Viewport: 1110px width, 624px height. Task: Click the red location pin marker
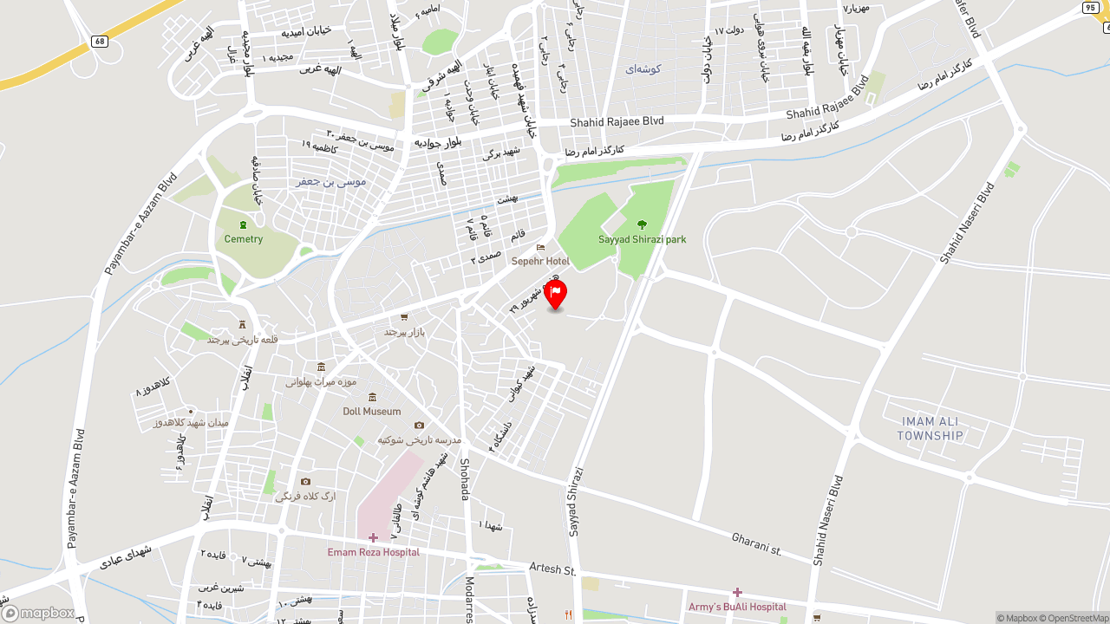click(555, 294)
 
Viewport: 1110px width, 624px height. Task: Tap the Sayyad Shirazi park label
click(642, 239)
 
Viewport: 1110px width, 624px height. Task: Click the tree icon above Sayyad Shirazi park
click(642, 224)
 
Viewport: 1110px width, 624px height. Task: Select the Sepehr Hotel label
click(540, 261)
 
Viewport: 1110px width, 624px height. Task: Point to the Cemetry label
click(243, 238)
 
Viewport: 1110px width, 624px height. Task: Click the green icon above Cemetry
click(243, 224)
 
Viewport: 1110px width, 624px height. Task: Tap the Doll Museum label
click(372, 411)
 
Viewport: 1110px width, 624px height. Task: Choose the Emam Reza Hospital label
click(373, 552)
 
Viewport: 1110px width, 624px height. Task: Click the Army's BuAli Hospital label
click(737, 607)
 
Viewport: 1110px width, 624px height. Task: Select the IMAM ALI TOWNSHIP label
click(930, 429)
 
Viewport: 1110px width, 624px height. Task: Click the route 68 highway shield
click(100, 41)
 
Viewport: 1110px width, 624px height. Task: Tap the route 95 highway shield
click(1090, 8)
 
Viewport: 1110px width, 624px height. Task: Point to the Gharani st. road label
click(756, 543)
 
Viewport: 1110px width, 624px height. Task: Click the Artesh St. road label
click(552, 570)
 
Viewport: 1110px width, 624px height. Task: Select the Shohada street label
click(465, 478)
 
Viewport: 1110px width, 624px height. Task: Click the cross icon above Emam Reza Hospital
click(373, 537)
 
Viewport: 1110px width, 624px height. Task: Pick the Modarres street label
click(469, 599)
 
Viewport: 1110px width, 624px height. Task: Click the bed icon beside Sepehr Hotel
click(540, 247)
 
